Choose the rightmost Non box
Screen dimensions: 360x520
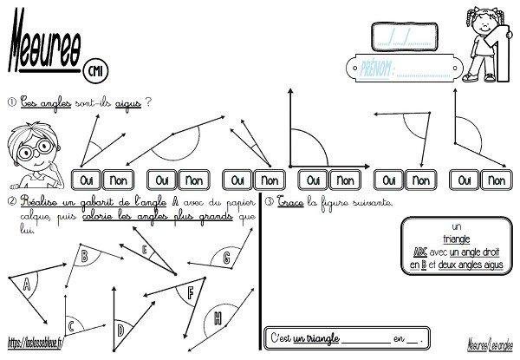point(495,180)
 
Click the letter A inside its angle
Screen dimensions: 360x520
point(26,283)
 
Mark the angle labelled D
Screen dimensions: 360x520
point(120,329)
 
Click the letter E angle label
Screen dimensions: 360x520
point(146,251)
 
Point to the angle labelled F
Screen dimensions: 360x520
point(189,292)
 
